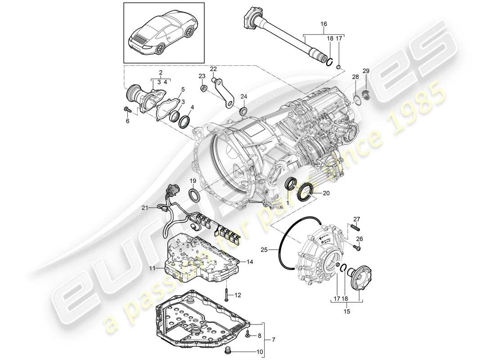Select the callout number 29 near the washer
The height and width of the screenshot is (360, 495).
coord(366,71)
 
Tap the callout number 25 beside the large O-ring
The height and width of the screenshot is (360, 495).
coord(264,249)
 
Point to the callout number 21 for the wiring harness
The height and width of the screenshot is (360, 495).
coord(144,207)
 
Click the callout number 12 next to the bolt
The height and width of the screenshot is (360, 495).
coord(238,296)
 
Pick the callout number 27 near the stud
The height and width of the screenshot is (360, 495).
coord(357,219)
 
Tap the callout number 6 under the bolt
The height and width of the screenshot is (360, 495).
coord(127,121)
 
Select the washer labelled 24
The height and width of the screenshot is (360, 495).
coord(243,111)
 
